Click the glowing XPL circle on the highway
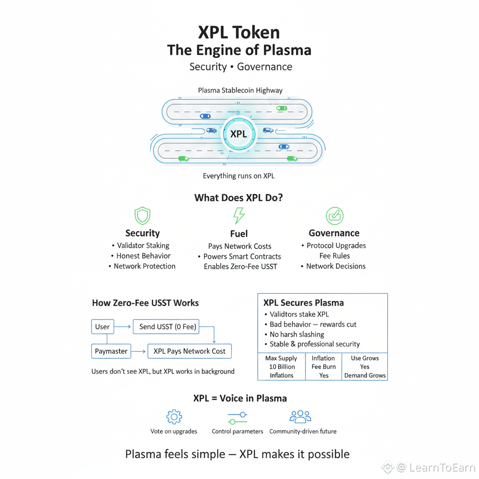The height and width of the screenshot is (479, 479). pos(238,134)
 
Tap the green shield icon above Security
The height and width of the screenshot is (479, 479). pos(142,216)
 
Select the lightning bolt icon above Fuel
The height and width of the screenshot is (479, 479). pos(239,216)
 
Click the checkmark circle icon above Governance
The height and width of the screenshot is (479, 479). pos(334,216)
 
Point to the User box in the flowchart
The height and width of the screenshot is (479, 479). pos(102,327)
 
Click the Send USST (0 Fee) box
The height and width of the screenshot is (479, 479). pos(167,327)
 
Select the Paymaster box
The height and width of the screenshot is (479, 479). pos(111,351)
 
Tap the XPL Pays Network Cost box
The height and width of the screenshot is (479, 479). pos(189,351)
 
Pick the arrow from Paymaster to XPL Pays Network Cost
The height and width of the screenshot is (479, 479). pos(138,351)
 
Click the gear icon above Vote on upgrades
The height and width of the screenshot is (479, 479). pos(174,416)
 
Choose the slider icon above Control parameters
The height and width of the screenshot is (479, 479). pos(237,417)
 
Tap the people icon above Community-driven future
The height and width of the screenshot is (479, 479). pos(300,416)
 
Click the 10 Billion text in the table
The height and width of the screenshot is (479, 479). pos(282,367)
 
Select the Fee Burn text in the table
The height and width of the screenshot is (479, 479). pos(324,367)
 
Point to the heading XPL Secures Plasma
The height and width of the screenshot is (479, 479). pos(304,303)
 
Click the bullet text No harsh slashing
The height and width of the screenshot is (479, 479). pos(297,334)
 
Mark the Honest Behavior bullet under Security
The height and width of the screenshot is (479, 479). pos(143,256)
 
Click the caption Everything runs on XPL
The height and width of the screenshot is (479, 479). pos(239,176)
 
